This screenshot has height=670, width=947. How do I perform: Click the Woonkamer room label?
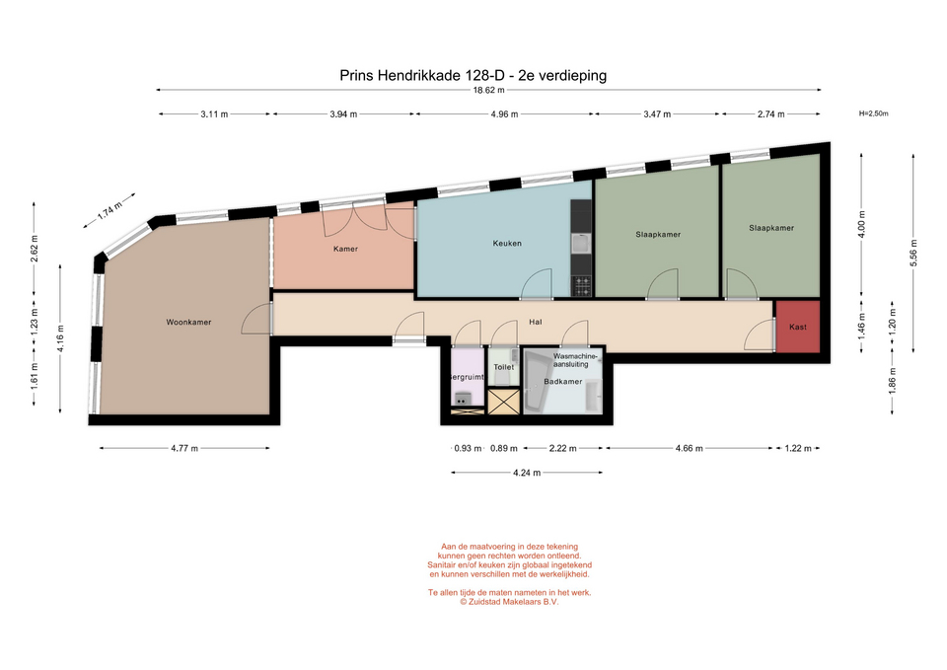click(x=188, y=322)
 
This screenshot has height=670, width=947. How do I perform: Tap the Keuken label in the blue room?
click(x=507, y=243)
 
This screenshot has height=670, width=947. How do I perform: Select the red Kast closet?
click(x=798, y=327)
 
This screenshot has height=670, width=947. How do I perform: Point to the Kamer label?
click(x=345, y=249)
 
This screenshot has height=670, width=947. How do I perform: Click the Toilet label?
click(x=504, y=367)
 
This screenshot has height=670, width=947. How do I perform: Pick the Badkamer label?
click(x=563, y=381)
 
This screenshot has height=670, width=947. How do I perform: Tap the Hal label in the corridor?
click(x=535, y=322)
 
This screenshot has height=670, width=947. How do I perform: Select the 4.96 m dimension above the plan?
click(x=504, y=113)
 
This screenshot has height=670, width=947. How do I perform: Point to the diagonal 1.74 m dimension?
click(x=109, y=209)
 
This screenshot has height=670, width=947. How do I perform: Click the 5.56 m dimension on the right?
click(x=913, y=253)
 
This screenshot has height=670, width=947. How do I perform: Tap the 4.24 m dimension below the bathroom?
click(x=527, y=473)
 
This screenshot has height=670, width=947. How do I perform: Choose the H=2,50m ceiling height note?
click(x=873, y=113)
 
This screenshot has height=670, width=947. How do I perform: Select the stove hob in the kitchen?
click(x=581, y=286)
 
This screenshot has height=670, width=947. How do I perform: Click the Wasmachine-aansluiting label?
click(x=575, y=360)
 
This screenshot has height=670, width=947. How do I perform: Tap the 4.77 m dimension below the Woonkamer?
click(x=184, y=448)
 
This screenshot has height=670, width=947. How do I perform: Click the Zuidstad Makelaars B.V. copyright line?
click(x=509, y=602)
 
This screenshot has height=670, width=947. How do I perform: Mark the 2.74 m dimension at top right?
click(x=770, y=113)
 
